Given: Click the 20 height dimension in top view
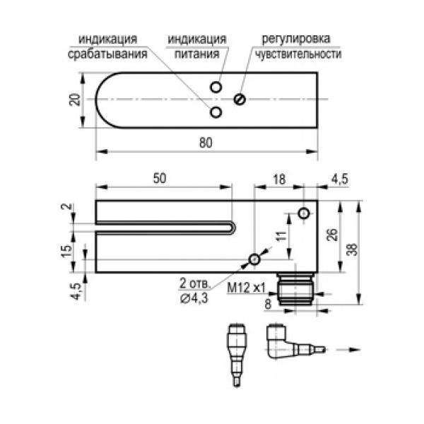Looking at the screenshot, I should (x=74, y=100).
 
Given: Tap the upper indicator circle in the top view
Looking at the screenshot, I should (x=216, y=86).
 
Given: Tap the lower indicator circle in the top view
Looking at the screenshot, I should (x=216, y=112).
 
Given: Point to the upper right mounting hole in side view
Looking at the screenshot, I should (x=304, y=213).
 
